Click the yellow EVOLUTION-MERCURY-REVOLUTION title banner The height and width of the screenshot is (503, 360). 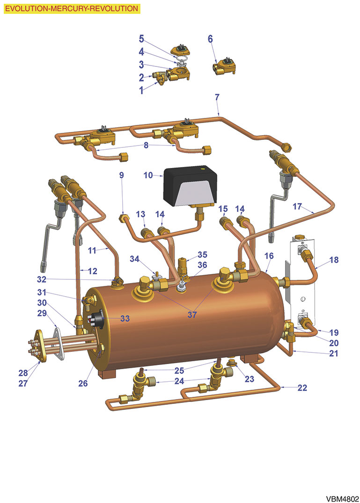72,8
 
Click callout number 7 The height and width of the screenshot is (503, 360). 217,97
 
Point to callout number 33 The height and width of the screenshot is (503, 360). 124,318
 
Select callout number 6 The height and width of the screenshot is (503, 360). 210,39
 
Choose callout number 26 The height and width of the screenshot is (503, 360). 83,383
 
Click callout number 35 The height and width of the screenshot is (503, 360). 202,255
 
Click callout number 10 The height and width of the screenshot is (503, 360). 148,175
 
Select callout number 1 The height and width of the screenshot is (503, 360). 141,91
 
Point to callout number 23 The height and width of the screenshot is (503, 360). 250,379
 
